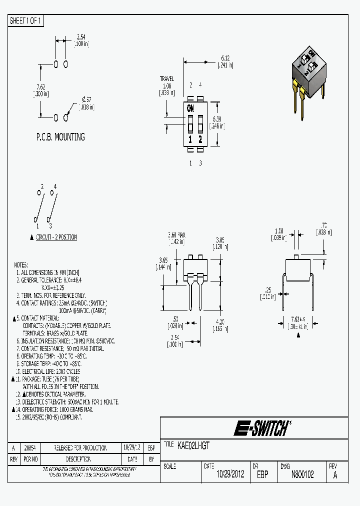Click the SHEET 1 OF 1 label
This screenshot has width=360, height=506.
click(26, 20)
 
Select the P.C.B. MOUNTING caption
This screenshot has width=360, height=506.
click(60, 136)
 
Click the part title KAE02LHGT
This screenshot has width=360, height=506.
click(193, 444)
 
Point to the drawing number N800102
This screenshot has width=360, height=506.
click(302, 474)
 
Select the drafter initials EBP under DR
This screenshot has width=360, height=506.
click(262, 474)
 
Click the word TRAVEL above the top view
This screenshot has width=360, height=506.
click(166, 79)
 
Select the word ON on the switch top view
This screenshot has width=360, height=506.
click(190, 108)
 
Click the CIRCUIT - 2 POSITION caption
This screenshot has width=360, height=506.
click(56, 237)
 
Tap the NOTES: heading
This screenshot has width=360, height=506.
click(21, 265)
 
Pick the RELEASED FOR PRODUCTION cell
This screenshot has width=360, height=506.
click(80, 448)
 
